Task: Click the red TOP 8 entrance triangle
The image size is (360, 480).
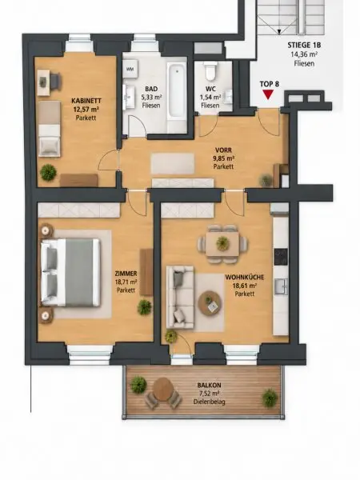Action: click(x=268, y=94)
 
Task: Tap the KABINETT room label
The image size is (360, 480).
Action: click(x=86, y=101)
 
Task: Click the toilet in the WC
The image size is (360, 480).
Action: click(x=211, y=70)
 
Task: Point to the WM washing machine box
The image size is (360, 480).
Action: click(x=130, y=69)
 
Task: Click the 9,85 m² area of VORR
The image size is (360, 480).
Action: click(x=224, y=158)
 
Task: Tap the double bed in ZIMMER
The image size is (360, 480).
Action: click(x=70, y=273)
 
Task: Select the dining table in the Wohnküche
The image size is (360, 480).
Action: click(x=222, y=244)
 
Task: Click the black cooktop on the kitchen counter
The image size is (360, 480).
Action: click(x=281, y=257)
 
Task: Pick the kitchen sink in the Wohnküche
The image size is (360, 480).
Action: click(x=281, y=286)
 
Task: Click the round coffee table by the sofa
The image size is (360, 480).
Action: click(x=210, y=302)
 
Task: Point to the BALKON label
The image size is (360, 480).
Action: click(x=209, y=386)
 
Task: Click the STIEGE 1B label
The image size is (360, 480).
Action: click(x=304, y=46)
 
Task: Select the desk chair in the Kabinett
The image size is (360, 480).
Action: click(x=55, y=81)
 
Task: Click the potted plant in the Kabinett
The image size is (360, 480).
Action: click(x=48, y=172)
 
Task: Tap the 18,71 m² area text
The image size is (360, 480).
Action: click(x=126, y=282)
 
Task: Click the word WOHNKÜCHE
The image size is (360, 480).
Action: click(x=245, y=278)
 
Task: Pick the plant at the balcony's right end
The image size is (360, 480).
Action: click(x=270, y=398)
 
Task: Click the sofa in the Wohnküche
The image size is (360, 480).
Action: click(x=180, y=298)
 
